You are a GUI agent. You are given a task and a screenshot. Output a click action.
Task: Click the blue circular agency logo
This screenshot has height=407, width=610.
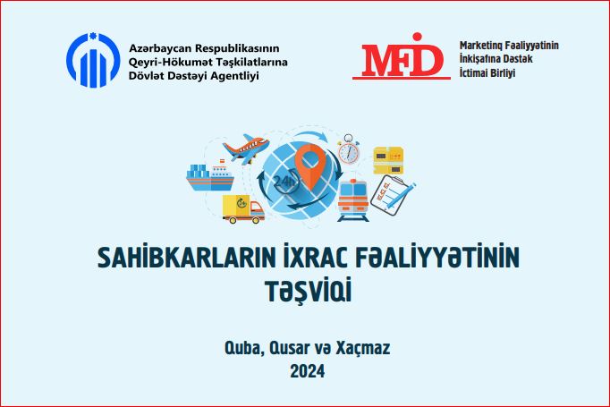(93, 60)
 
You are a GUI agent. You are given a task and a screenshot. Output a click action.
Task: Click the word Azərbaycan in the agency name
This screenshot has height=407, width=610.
(159, 49)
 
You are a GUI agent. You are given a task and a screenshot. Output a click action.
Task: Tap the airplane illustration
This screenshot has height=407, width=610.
(246, 148)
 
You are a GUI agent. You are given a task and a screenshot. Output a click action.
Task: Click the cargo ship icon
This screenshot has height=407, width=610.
(210, 177)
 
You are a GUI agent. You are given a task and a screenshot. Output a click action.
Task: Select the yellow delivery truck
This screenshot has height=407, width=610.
(243, 209)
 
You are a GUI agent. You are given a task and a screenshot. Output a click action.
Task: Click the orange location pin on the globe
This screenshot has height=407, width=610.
(309, 166)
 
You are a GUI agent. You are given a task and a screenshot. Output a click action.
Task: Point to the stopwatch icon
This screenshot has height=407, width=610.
(348, 149)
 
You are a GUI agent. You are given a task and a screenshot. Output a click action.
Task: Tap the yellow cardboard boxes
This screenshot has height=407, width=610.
(388, 160)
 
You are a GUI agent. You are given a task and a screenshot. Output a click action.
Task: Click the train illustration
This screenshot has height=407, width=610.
(352, 200)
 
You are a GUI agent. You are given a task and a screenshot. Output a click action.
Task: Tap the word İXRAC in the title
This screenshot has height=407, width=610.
(315, 257)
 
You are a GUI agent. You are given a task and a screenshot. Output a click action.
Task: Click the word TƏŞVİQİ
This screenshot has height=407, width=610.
(309, 291)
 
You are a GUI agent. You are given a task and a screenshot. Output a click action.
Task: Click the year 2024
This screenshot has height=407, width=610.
(308, 371)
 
